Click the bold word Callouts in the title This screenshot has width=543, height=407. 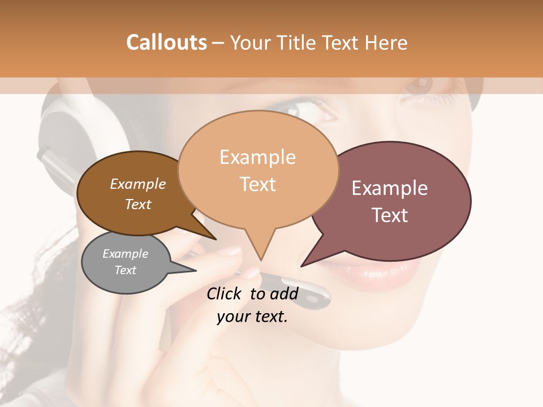[x=166, y=42]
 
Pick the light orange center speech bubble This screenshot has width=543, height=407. [x=258, y=170]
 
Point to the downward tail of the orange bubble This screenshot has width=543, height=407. [x=260, y=249]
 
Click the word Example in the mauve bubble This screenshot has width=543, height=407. [x=390, y=188]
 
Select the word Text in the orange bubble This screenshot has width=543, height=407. [x=258, y=184]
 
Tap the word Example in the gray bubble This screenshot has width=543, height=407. [x=126, y=254]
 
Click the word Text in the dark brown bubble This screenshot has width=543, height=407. [x=138, y=204]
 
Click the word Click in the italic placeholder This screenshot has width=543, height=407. [x=225, y=293]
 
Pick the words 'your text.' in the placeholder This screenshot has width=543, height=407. [x=252, y=317]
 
